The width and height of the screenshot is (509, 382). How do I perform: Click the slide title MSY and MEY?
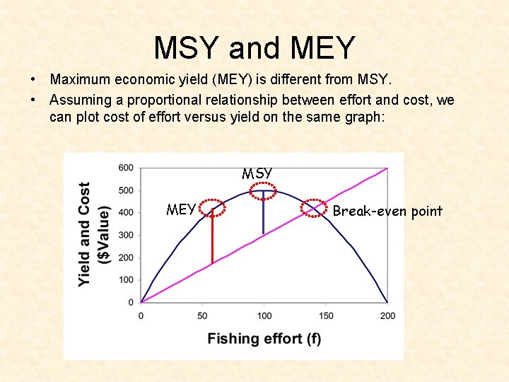click(x=254, y=47)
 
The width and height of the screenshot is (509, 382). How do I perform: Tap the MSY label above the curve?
click(x=257, y=173)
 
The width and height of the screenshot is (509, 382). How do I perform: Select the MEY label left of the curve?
click(x=181, y=209)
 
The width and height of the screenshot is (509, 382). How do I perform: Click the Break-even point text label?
click(x=387, y=211)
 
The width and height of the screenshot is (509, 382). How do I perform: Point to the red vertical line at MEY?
click(x=211, y=237)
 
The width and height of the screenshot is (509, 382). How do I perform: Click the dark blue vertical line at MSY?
click(x=264, y=212)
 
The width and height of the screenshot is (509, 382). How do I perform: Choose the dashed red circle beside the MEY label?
click(x=211, y=207)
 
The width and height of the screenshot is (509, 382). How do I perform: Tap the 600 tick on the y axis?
click(x=125, y=168)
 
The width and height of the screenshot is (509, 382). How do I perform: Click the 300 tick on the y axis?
click(x=125, y=235)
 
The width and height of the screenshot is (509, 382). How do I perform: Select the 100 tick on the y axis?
click(x=125, y=280)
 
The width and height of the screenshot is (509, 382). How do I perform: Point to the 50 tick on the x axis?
click(x=202, y=316)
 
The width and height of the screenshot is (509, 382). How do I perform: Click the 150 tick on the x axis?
click(x=326, y=316)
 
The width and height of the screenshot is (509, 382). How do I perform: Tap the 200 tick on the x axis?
click(x=387, y=316)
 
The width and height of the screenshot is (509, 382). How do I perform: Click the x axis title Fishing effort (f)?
click(x=264, y=338)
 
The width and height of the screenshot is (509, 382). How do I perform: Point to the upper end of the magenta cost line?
click(x=386, y=168)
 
